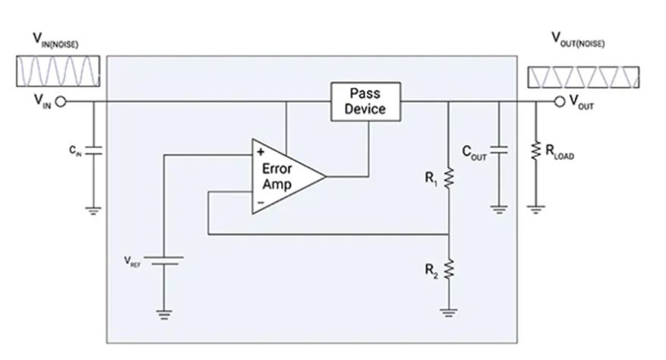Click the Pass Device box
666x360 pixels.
365,101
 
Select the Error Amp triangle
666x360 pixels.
285,176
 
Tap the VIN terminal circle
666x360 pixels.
61,102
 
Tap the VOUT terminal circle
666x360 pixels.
560,102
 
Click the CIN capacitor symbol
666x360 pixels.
93,150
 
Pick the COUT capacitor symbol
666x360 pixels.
499,150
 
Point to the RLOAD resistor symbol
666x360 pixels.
536,150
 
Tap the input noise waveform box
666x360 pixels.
57,73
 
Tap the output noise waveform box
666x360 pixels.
582,77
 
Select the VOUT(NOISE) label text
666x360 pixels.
579,40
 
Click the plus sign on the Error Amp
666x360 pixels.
260,150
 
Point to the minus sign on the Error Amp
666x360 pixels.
260,203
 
